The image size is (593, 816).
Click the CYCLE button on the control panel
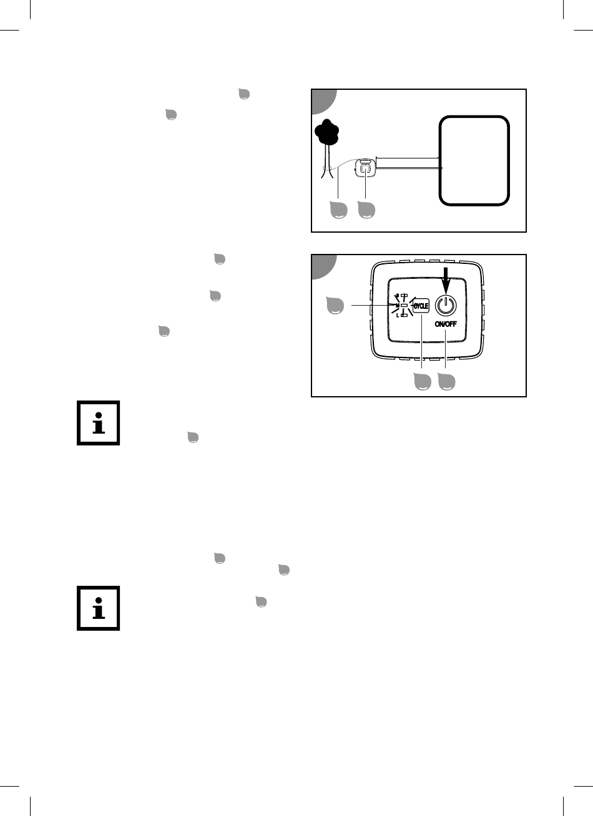coord(421,306)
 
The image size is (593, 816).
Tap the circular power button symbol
coord(446,305)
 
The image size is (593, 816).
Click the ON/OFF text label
coord(446,324)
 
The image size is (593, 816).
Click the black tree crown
coord(327,132)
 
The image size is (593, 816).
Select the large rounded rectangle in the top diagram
coord(474,161)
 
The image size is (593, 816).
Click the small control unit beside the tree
coord(365,168)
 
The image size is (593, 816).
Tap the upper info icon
coord(99,423)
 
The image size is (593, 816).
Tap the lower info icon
coord(99,608)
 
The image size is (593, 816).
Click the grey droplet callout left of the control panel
coord(335,305)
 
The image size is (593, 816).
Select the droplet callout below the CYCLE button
coord(423,381)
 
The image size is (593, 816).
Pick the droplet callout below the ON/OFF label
coord(446,381)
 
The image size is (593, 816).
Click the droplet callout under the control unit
coord(366,210)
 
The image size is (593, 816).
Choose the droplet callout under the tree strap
coord(338,210)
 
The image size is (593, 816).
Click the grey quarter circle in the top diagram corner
coord(323,100)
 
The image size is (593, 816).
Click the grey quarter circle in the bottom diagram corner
coord(323,266)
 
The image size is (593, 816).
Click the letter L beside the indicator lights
coord(398,316)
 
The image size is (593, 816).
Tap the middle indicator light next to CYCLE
coord(404,305)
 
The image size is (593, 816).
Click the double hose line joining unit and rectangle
coord(409,163)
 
